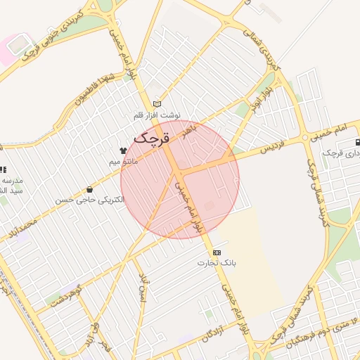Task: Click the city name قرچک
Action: coord(151,138)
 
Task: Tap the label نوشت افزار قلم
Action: coord(158,115)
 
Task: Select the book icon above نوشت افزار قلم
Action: coord(157,104)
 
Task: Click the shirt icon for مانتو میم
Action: coord(124,150)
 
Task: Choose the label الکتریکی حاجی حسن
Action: coord(90,200)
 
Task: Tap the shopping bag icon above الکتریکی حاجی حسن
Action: coord(89,189)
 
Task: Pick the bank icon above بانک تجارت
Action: coord(216,252)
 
